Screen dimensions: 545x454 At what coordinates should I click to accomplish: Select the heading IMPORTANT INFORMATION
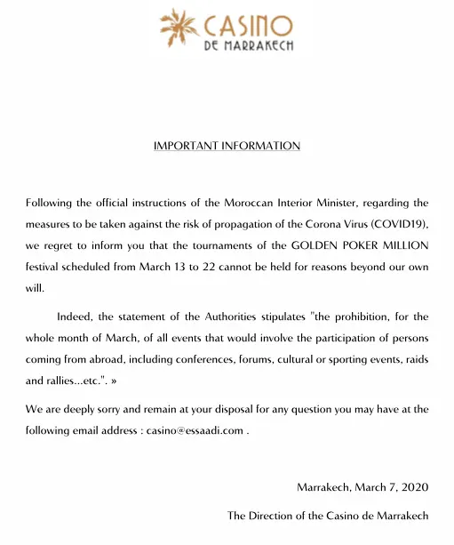[x=227, y=146]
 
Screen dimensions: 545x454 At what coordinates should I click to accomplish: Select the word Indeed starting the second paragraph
[x=76, y=316]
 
